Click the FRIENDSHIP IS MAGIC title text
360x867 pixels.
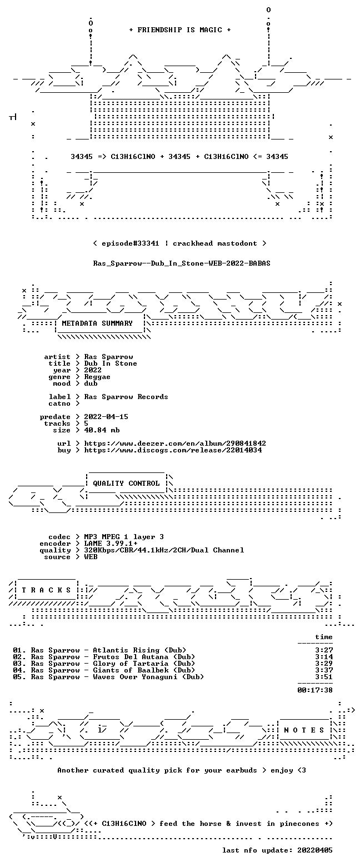point(180,30)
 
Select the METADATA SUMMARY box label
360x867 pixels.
point(97,323)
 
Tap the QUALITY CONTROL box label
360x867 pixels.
point(126,484)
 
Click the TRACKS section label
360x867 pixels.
point(47,590)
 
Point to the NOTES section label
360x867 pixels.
point(304,730)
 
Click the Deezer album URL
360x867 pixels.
point(175,444)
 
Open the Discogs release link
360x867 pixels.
point(173,450)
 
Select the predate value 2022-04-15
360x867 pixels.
point(106,417)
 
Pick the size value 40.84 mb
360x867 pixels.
point(102,430)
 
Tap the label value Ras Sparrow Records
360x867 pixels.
point(126,397)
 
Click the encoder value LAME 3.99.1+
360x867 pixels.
point(111,544)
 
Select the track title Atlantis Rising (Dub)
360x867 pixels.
point(139,650)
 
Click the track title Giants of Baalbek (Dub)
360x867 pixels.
point(144,670)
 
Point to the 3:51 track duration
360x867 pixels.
point(324,676)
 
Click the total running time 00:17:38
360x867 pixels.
point(315,690)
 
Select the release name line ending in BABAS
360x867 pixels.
point(182,263)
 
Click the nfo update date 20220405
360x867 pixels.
point(315,850)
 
